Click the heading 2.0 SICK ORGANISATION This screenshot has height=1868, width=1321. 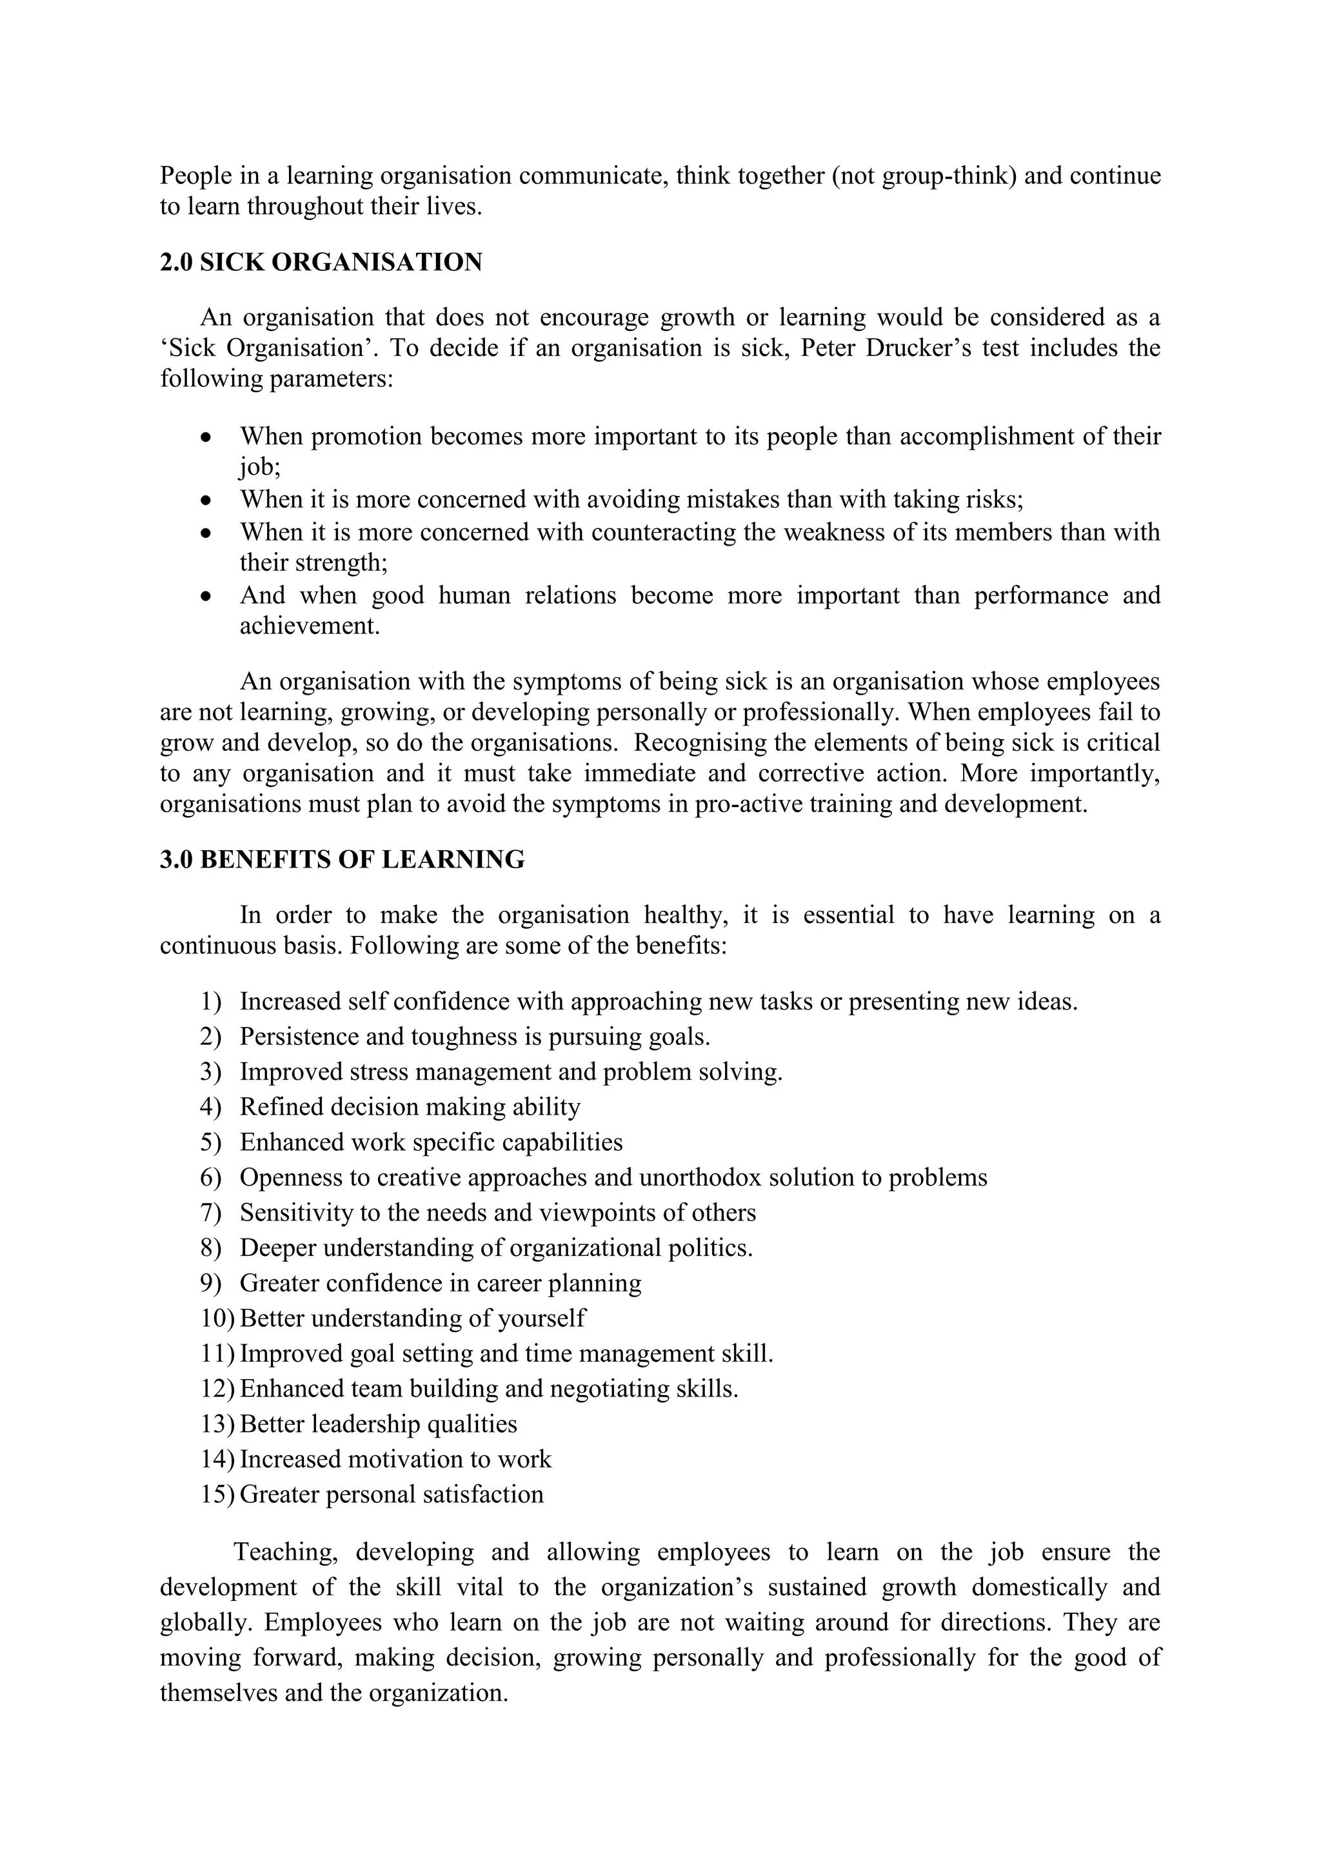pos(321,263)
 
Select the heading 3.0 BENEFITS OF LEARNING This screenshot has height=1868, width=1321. pos(342,859)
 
